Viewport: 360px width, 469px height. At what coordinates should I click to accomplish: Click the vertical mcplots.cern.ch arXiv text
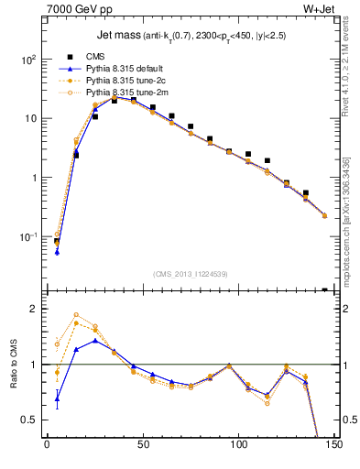(x=350, y=202)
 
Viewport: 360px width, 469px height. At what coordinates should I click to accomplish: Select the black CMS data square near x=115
(x=267, y=160)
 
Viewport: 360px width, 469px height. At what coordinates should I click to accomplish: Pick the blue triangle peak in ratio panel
(x=94, y=341)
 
